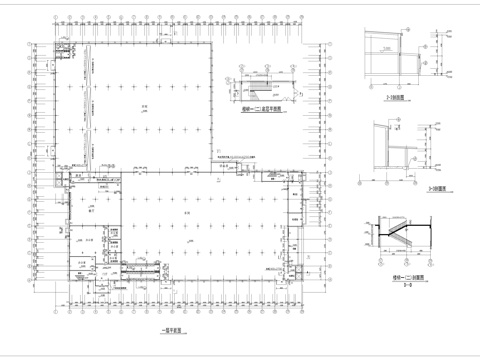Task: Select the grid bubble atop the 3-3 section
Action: click(371, 124)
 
